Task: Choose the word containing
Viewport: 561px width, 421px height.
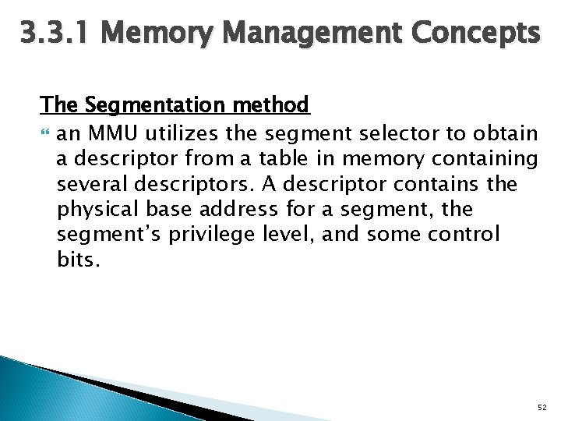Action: pyautogui.click(x=485, y=160)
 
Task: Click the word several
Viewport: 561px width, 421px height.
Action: pyautogui.click(x=93, y=186)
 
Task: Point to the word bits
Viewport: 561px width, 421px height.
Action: pyautogui.click(x=78, y=260)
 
